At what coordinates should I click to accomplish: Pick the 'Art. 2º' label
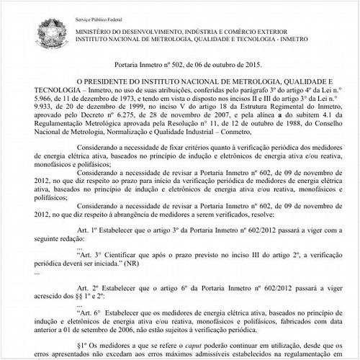click(85, 287)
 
